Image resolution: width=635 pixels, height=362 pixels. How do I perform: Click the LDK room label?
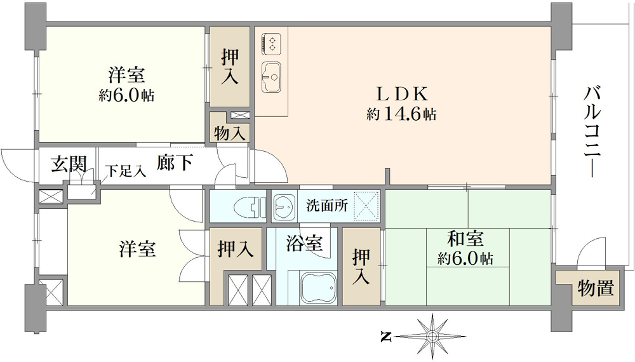pyautogui.click(x=402, y=95)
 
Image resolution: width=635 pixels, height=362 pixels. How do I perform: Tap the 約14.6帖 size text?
pyautogui.click(x=401, y=114)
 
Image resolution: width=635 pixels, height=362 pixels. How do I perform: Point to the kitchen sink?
pyautogui.click(x=272, y=77)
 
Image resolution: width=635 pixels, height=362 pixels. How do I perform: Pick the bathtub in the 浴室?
pyautogui.click(x=318, y=288)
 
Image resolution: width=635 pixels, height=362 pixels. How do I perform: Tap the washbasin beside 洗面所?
pyautogui.click(x=284, y=206)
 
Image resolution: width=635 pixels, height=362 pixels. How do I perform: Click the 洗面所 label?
pyautogui.click(x=327, y=206)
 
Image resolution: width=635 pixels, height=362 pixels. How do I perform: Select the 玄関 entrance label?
pyautogui.click(x=69, y=164)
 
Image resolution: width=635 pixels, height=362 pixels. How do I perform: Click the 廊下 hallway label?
pyautogui.click(x=175, y=163)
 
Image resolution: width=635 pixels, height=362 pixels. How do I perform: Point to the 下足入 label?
pyautogui.click(x=126, y=171)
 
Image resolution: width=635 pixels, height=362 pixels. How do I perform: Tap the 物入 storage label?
pyautogui.click(x=230, y=133)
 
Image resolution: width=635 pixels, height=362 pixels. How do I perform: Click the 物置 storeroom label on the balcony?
pyautogui.click(x=596, y=288)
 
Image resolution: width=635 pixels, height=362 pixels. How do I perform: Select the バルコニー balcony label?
pyautogui.click(x=592, y=132)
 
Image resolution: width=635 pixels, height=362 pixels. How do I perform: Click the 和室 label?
pyautogui.click(x=465, y=239)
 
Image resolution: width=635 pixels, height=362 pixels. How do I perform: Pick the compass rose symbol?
pyautogui.click(x=432, y=336)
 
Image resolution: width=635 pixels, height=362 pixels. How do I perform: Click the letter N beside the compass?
pyautogui.click(x=387, y=336)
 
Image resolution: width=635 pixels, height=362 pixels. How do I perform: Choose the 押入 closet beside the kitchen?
pyautogui.click(x=230, y=67)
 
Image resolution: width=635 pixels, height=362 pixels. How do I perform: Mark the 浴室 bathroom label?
pyautogui.click(x=304, y=244)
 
